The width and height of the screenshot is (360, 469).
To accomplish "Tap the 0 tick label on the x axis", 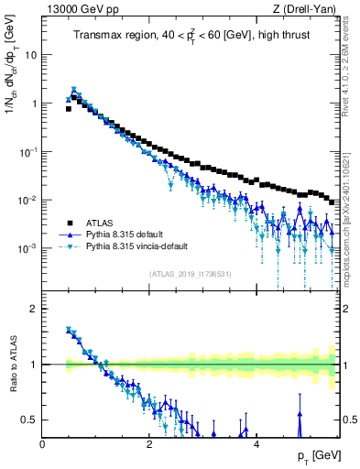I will tap(42, 443).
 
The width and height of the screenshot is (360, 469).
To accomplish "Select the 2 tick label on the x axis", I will tap(148, 443).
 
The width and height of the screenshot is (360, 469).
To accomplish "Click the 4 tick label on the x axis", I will tap(256, 443).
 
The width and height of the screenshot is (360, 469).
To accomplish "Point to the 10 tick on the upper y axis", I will tap(30, 54).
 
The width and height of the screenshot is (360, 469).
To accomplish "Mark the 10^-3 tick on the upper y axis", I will tap(27, 249).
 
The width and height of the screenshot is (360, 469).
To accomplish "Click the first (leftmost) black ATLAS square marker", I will tap(68, 108).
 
